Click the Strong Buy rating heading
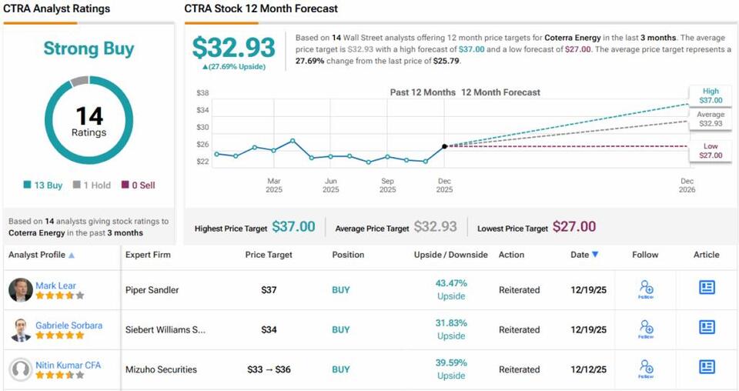[89, 48]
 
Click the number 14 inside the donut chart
[89, 115]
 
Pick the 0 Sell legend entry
[138, 185]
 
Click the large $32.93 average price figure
[233, 48]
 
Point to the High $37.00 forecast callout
[711, 95]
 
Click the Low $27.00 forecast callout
[711, 150]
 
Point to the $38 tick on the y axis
[202, 92]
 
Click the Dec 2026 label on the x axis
[687, 185]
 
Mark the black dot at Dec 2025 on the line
[444, 146]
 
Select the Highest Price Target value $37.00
[293, 227]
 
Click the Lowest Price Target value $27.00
[574, 227]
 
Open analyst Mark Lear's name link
[55, 286]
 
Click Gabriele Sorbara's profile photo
[21, 329]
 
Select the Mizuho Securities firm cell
[161, 369]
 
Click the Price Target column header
[269, 255]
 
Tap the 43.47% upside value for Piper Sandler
[451, 283]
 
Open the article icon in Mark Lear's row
[707, 287]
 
